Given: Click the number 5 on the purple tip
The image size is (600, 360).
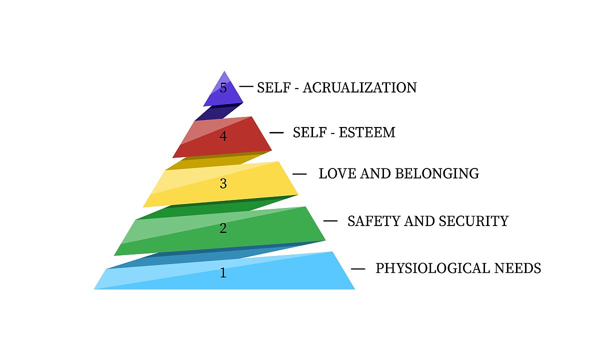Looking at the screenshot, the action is click(x=223, y=88).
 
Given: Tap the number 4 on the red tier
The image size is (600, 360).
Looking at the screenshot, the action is click(x=223, y=136).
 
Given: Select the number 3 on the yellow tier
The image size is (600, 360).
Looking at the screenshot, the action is click(x=223, y=183).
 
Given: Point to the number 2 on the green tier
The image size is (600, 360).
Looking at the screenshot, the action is click(x=223, y=228).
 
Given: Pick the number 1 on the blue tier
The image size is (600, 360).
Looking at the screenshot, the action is click(x=223, y=273).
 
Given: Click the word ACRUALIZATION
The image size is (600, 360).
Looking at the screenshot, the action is click(x=359, y=88).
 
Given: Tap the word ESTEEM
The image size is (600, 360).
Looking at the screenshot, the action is click(x=367, y=132).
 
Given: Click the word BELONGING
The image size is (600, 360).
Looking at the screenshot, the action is click(x=437, y=173).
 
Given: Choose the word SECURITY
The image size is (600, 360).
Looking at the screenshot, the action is click(x=473, y=221).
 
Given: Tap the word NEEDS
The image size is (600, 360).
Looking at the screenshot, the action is click(x=517, y=268).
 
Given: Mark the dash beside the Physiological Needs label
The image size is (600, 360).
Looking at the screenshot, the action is click(x=358, y=269).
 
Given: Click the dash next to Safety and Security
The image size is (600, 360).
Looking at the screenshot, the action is click(x=330, y=221).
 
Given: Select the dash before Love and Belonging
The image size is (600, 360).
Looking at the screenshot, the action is click(x=299, y=174).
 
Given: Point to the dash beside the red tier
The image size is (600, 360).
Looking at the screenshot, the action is click(x=276, y=132).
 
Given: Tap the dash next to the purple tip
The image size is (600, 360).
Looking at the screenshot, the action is click(x=246, y=86).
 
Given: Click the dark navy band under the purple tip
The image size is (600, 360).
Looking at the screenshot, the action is click(x=219, y=111).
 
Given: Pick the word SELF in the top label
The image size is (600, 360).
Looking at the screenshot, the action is click(x=274, y=88).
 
